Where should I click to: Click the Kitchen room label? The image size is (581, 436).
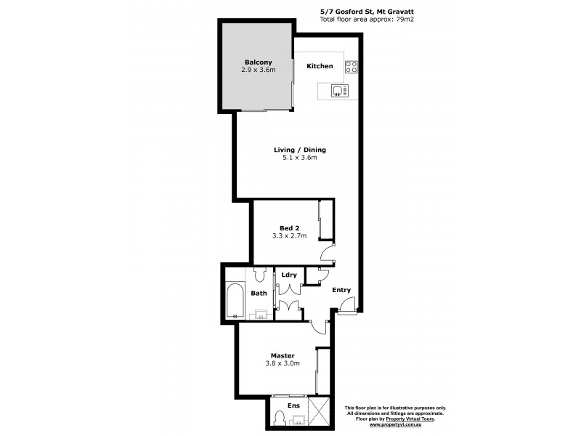point(320,66)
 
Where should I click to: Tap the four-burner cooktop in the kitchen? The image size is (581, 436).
point(352,67)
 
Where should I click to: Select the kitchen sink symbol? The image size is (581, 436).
point(338,91)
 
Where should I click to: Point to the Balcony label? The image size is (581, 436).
point(259,62)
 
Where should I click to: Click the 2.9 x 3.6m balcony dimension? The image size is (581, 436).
point(259,70)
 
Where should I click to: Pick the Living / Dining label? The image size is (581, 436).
point(299,150)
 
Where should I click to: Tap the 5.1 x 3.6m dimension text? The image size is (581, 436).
point(299,158)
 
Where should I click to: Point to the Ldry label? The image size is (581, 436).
point(288,275)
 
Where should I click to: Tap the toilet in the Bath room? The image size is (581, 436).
point(260,275)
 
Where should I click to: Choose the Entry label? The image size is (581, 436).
point(341,290)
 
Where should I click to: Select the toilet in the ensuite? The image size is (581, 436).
point(279,419)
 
